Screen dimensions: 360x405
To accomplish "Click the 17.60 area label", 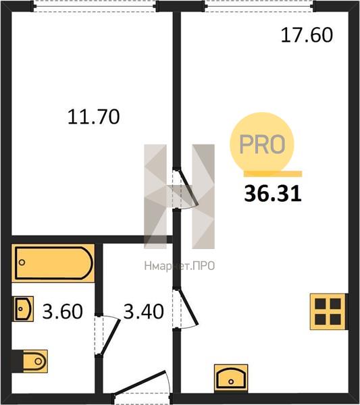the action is point(307,35).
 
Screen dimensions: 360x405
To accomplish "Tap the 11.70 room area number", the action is point(94,117).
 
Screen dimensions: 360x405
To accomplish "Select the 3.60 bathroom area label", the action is point(63,311).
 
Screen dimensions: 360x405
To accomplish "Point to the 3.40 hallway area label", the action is point(143,311).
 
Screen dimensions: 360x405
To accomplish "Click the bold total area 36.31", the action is point(273,194).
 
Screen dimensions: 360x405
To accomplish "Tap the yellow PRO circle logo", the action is point(262,144).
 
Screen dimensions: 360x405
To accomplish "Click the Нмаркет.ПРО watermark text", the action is point(180,266).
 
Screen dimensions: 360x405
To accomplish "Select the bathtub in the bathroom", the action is point(53,263).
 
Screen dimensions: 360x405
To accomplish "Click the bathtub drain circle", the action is point(22,263).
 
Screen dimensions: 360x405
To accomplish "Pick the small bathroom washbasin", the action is point(24,308).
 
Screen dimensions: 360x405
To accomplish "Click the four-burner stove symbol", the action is point(328,311).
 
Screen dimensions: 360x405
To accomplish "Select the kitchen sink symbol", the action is point(231,379).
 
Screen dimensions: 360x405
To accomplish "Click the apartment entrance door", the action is point(142,385).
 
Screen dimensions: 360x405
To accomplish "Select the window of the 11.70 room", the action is point(95,6).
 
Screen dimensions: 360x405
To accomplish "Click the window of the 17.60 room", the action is point(259,6).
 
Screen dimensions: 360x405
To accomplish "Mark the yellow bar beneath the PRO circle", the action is point(273,174).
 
